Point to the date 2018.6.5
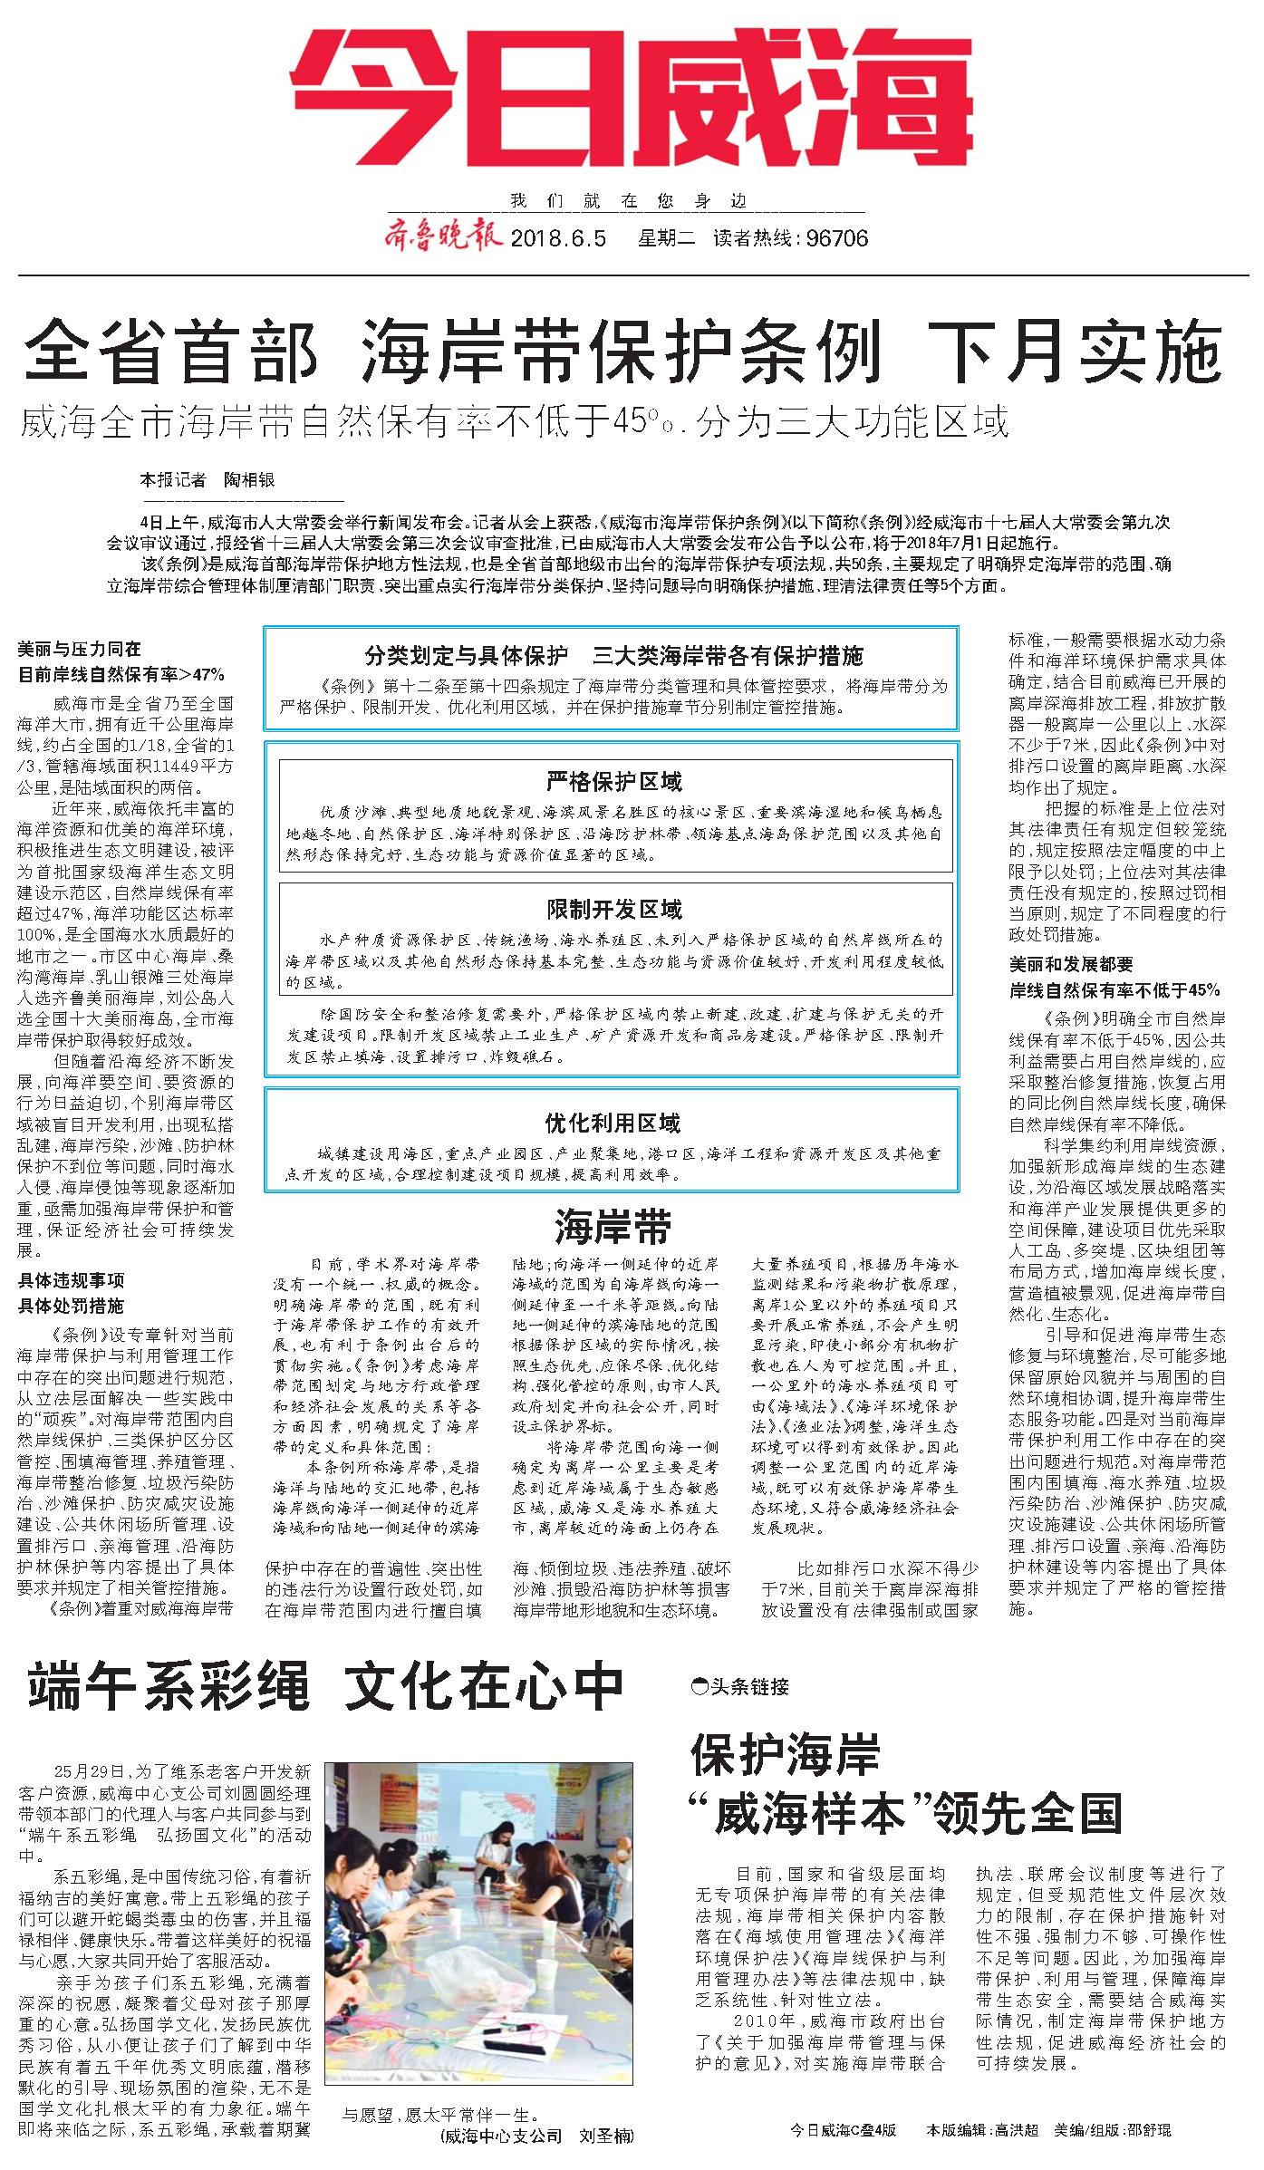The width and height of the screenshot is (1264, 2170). point(559,238)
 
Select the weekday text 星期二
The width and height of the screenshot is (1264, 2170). point(666,238)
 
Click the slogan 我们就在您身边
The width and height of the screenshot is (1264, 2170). point(631,201)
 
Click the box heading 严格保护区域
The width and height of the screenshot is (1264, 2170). point(614,782)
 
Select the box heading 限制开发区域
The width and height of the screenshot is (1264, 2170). point(614,910)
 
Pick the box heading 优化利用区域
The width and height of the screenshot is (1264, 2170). point(613,1124)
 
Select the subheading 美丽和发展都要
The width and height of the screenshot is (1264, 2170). point(1072,964)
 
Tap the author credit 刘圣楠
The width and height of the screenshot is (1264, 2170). point(606,2136)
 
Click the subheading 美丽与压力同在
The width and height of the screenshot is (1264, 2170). point(80,649)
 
